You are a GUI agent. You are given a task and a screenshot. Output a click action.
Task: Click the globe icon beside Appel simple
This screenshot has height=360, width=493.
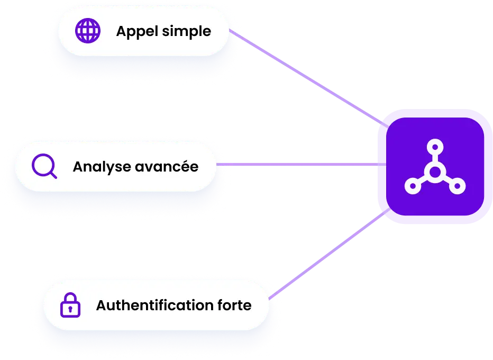pyautogui.click(x=88, y=31)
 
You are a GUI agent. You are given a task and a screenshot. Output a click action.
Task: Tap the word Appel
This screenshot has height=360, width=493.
pyautogui.click(x=136, y=32)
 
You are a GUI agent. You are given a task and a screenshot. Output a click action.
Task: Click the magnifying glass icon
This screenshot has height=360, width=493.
pyautogui.click(x=44, y=166)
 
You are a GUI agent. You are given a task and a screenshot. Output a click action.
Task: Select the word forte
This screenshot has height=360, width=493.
pyautogui.click(x=234, y=305)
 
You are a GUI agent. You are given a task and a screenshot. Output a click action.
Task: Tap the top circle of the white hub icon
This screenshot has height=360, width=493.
pyautogui.click(x=434, y=146)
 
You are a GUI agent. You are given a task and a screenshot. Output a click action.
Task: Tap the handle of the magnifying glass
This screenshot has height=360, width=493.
pyautogui.click(x=53, y=175)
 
